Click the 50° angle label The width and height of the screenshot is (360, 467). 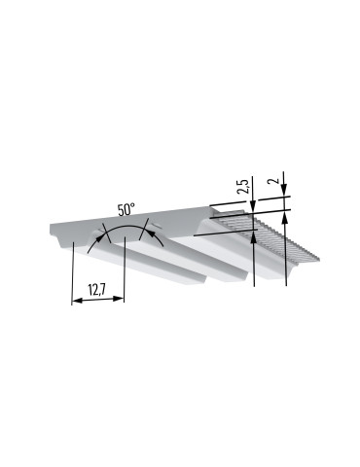click(x=126, y=209)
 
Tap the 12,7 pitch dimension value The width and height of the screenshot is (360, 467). click(x=95, y=290)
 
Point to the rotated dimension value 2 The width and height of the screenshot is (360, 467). click(x=276, y=181)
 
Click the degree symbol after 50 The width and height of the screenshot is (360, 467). click(x=132, y=206)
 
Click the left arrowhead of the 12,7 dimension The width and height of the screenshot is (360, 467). click(x=77, y=302)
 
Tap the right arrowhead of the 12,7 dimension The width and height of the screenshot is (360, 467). click(x=119, y=299)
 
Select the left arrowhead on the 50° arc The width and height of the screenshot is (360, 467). click(x=98, y=239)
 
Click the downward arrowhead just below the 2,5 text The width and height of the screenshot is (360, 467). click(x=253, y=205)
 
